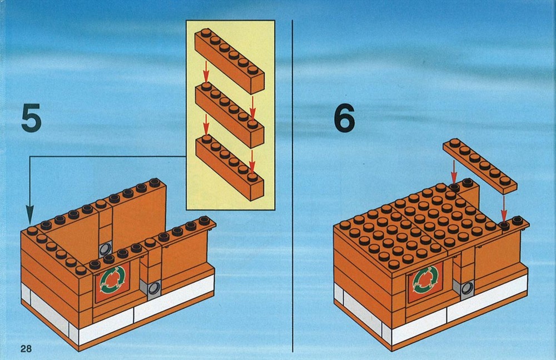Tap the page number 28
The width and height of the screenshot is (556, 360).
26,349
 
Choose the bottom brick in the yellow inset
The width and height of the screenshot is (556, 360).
230,167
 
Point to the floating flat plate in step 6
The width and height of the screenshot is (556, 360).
480,166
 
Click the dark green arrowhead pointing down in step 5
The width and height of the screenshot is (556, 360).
30,214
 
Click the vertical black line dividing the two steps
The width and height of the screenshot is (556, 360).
292,186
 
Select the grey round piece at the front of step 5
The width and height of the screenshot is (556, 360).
154,288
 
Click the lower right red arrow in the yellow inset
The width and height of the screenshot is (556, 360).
252,162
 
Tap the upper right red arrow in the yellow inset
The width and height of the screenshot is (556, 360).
252,107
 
